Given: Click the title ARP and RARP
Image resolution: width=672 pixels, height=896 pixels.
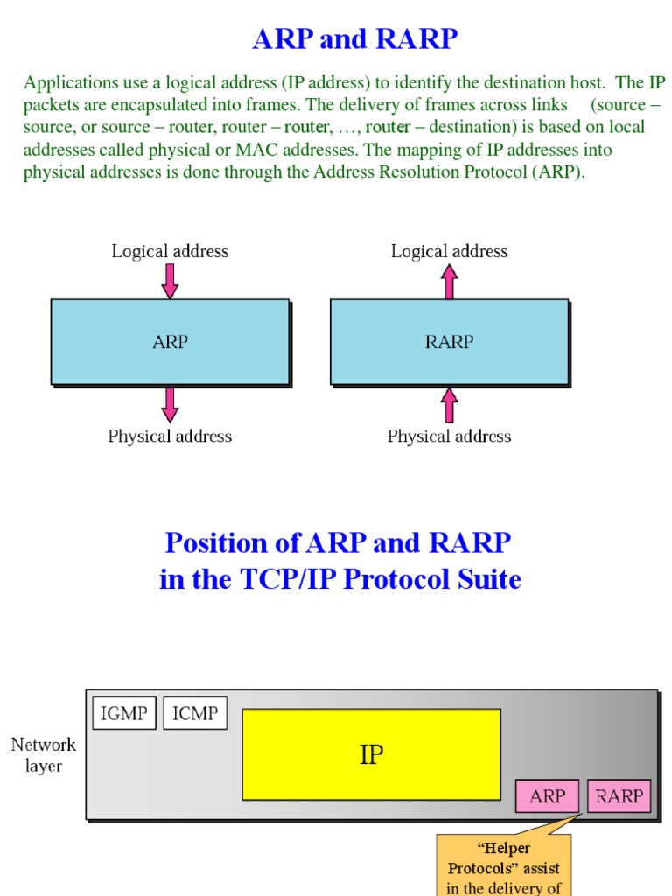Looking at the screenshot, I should click(x=354, y=39).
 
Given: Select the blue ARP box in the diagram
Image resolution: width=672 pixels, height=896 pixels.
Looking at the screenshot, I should click(x=170, y=342).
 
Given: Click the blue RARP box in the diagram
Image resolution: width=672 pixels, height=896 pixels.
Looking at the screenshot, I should click(x=449, y=342).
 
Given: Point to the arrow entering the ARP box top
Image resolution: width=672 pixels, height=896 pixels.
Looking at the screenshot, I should click(x=170, y=281).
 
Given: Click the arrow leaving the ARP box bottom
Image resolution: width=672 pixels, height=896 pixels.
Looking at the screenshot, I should click(x=170, y=404).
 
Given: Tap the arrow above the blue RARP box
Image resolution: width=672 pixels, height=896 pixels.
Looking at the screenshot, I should click(x=449, y=282).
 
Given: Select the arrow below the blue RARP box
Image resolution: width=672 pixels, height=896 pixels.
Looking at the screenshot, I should click(x=449, y=405).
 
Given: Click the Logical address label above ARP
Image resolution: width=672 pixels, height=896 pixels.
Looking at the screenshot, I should click(x=170, y=252).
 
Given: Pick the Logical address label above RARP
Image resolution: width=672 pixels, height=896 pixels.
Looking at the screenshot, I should click(x=449, y=252).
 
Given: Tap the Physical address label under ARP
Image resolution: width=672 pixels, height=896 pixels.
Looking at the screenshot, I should click(x=170, y=437).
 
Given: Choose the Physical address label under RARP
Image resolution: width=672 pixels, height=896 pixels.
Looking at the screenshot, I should click(x=449, y=437).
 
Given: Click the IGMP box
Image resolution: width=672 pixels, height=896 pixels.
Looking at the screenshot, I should click(x=124, y=713).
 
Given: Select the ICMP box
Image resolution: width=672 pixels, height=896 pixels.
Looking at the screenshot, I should click(x=195, y=713).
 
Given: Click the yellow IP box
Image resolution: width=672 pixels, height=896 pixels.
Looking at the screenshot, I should click(x=371, y=754).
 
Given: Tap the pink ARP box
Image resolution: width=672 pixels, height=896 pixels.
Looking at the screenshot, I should click(x=548, y=796).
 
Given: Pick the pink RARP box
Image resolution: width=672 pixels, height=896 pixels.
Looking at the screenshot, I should click(x=619, y=796).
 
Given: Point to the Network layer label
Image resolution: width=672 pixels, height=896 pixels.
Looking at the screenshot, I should click(x=44, y=755).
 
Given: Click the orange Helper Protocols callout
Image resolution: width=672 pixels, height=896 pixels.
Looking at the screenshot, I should click(x=503, y=866).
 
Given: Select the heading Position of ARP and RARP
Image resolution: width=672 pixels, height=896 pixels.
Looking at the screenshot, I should click(x=339, y=543).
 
